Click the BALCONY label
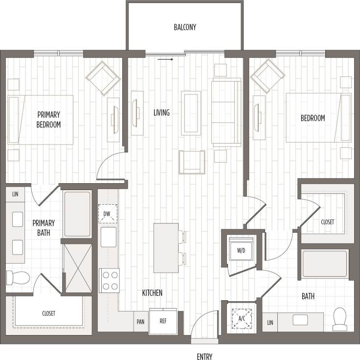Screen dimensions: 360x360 (185, 27)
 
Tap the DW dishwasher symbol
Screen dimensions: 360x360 (108, 214)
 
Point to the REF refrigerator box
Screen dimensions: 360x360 (163, 322)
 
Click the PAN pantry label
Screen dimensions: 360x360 (140, 322)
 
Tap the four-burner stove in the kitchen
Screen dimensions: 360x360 (109, 281)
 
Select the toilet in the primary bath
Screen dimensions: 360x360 (17, 278)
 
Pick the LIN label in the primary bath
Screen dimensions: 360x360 (15, 194)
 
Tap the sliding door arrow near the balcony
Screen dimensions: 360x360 (166, 60)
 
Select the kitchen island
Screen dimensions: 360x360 (165, 248)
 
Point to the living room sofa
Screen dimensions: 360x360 (226, 112)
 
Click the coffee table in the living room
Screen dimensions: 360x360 (191, 113)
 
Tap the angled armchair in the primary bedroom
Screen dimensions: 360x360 (103, 77)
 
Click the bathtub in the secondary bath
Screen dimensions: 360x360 (325, 264)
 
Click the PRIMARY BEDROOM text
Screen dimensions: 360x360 (48, 120)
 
